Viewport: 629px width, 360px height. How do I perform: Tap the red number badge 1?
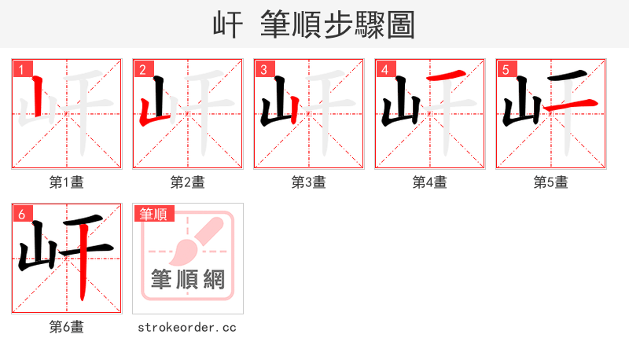[20, 70]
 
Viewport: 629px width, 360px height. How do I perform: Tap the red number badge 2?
[142, 70]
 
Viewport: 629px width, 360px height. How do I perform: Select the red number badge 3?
[263, 70]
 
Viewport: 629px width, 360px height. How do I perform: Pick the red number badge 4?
[384, 70]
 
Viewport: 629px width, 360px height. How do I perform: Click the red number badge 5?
[505, 70]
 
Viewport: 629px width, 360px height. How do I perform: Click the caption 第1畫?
[66, 182]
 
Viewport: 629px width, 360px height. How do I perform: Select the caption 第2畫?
[187, 182]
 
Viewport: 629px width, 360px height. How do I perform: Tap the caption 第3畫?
[308, 182]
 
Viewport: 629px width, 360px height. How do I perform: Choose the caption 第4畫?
[429, 182]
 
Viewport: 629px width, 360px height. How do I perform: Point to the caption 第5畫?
[550, 182]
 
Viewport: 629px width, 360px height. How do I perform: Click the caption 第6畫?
[66, 327]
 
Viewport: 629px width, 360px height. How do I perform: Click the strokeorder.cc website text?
[187, 327]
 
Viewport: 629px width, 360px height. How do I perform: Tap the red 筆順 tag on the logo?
[154, 214]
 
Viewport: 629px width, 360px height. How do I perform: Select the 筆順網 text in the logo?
[187, 279]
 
